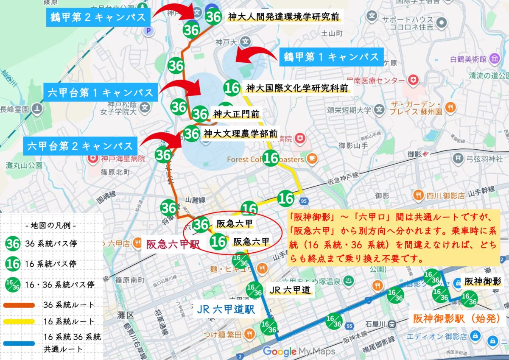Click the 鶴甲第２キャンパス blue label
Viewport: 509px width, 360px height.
(x=98, y=17)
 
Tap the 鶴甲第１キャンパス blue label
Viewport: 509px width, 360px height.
(x=331, y=57)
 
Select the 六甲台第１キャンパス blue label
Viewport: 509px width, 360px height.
(x=100, y=92)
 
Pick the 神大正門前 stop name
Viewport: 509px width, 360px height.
(x=236, y=114)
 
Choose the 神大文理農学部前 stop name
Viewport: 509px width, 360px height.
(x=240, y=134)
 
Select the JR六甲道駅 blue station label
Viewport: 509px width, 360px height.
(x=226, y=310)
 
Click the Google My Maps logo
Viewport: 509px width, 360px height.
(x=299, y=351)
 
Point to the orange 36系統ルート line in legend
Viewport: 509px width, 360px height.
(x=20, y=305)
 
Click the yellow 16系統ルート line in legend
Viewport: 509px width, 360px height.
(x=20, y=321)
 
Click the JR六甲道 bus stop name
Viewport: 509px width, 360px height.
(x=290, y=290)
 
